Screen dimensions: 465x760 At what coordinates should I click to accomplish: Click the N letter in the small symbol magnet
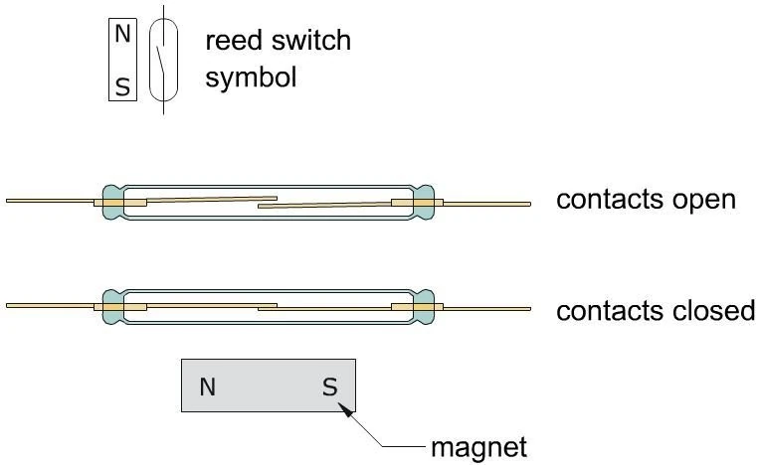[x=122, y=34]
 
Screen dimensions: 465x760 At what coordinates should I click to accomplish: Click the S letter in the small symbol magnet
[x=122, y=87]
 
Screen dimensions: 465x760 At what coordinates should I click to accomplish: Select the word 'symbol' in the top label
[x=251, y=77]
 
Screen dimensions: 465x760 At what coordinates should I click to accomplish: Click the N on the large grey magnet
[x=208, y=387]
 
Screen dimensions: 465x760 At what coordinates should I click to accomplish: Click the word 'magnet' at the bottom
[x=478, y=446]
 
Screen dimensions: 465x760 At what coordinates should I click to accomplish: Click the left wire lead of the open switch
[x=50, y=201]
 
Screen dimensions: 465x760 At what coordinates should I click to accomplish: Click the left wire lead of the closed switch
[x=50, y=305]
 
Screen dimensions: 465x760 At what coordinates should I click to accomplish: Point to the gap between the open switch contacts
[x=267, y=203]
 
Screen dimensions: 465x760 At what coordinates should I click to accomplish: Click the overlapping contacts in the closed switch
[x=267, y=307]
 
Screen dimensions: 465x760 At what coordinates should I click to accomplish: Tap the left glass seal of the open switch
[x=112, y=202]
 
